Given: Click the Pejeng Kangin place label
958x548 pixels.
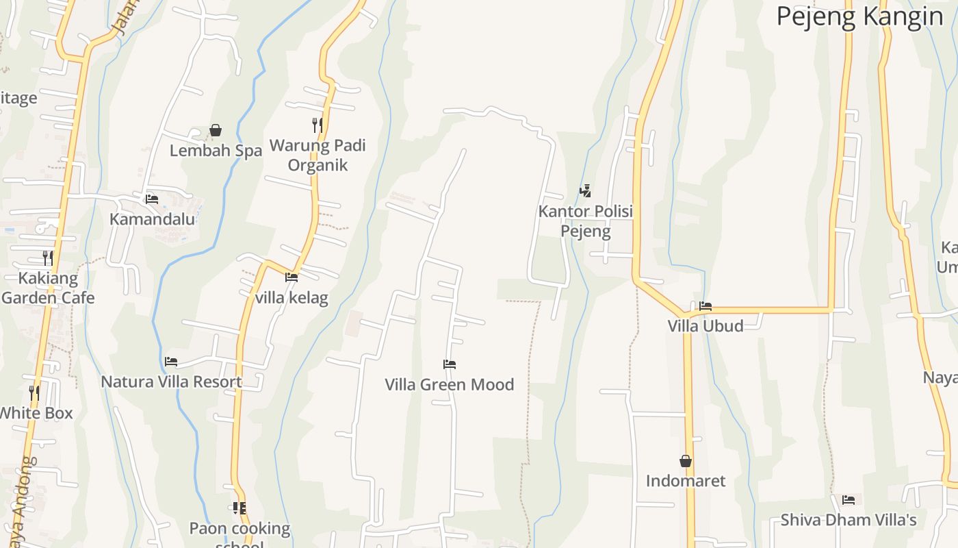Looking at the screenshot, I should (859, 16).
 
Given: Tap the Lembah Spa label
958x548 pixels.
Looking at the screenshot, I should (216, 151).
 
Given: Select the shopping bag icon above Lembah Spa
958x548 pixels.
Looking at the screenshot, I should (216, 129).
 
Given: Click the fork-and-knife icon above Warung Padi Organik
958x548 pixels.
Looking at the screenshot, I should (318, 125).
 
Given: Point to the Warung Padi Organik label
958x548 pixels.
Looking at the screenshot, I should (318, 155).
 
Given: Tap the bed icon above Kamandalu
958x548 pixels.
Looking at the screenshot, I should (152, 199).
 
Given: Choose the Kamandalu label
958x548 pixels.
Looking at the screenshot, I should (152, 219).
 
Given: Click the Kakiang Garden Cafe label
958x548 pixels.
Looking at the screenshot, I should (48, 288).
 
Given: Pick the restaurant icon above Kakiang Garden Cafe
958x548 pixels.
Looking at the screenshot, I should (48, 258).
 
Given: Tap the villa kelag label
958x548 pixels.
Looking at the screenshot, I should (292, 298).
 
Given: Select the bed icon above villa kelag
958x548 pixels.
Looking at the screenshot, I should (292, 277).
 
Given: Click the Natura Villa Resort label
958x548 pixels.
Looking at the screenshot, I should (171, 382).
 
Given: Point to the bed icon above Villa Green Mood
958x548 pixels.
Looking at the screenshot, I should (450, 364).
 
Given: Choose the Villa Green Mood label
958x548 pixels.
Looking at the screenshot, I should (450, 385).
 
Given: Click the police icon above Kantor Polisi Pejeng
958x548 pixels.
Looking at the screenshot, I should (585, 191).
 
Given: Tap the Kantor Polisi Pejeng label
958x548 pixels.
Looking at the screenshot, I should (585, 221).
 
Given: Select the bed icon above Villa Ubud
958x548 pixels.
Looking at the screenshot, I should (705, 306).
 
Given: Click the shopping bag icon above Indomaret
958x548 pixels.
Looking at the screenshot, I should (686, 461).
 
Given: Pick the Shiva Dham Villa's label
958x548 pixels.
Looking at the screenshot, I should (849, 520).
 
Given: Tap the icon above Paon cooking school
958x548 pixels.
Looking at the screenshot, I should (239, 508).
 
